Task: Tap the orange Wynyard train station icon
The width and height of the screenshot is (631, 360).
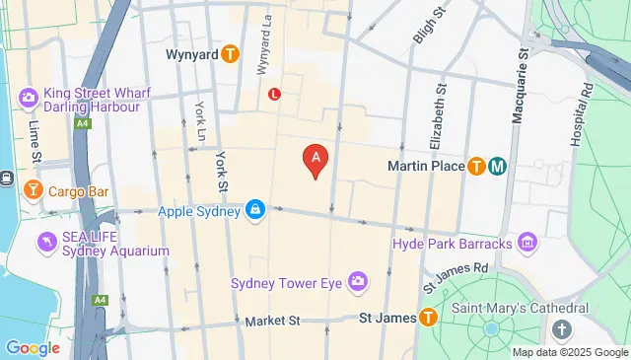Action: click(230, 53)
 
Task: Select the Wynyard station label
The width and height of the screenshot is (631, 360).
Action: click(192, 53)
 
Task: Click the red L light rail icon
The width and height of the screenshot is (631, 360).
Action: click(274, 95)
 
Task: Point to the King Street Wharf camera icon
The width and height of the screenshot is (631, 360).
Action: click(28, 97)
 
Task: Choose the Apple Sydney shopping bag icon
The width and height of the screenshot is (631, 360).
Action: click(255, 210)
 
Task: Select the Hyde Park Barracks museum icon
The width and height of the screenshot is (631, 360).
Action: click(527, 243)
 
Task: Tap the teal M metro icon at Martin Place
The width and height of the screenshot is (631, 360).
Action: click(497, 166)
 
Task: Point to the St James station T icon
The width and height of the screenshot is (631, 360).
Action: click(428, 318)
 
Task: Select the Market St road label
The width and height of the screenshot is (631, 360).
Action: click(272, 321)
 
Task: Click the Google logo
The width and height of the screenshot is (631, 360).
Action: click(33, 347)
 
